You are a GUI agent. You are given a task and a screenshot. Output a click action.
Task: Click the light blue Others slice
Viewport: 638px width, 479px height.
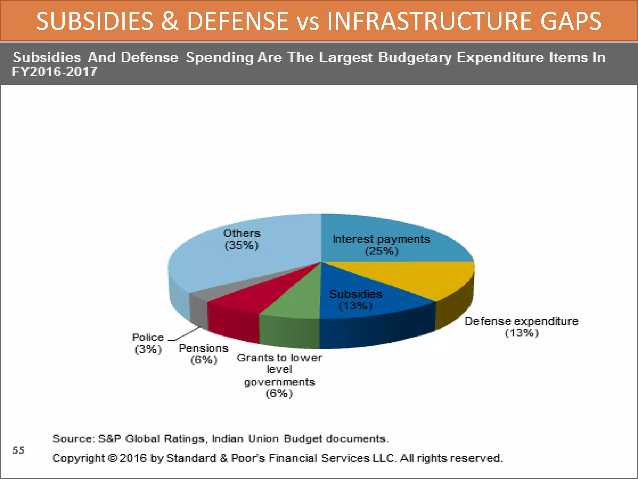tap(237, 262)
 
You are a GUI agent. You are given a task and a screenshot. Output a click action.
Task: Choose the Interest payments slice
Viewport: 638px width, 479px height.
tap(389, 240)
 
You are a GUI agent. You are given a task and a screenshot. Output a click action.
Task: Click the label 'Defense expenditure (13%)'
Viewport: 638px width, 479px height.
tap(521, 327)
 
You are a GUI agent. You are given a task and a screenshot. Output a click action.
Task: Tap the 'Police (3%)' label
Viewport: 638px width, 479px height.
tap(148, 343)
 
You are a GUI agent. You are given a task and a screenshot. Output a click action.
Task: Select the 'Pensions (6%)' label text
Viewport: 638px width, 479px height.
tap(204, 354)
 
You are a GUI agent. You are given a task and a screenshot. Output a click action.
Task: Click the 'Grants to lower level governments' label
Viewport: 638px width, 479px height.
tap(279, 370)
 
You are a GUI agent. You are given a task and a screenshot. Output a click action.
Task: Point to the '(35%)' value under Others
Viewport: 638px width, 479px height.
tap(242, 245)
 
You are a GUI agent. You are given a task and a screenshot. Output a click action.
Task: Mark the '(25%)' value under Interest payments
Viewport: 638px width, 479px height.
tap(382, 251)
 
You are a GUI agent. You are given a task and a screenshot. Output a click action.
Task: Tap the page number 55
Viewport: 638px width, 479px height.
tap(18, 450)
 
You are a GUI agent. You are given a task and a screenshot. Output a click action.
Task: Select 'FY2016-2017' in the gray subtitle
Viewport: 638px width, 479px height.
tap(55, 72)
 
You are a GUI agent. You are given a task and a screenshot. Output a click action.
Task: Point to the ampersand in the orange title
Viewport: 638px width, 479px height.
tap(170, 21)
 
